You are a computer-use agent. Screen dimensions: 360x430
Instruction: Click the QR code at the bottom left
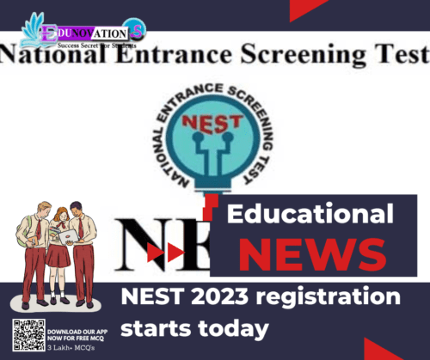point(28,335)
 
